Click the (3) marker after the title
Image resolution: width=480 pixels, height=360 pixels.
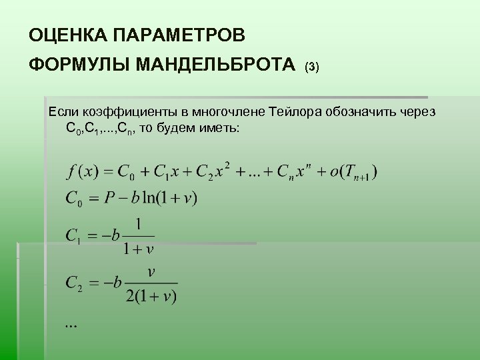[x=312, y=67]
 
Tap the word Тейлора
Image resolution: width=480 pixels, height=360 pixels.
[x=293, y=111]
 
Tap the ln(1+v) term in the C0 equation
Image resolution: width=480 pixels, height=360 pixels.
[x=172, y=198]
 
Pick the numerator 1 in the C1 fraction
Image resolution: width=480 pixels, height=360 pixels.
[x=139, y=223]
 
